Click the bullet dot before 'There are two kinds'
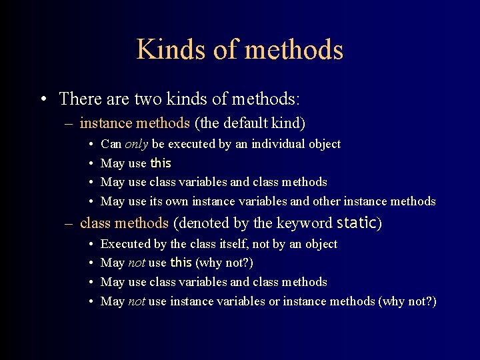coord(42,99)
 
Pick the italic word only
coord(137,144)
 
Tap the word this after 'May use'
coord(161,163)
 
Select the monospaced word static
coord(357,223)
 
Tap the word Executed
coord(124,244)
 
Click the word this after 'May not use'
coord(181,263)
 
